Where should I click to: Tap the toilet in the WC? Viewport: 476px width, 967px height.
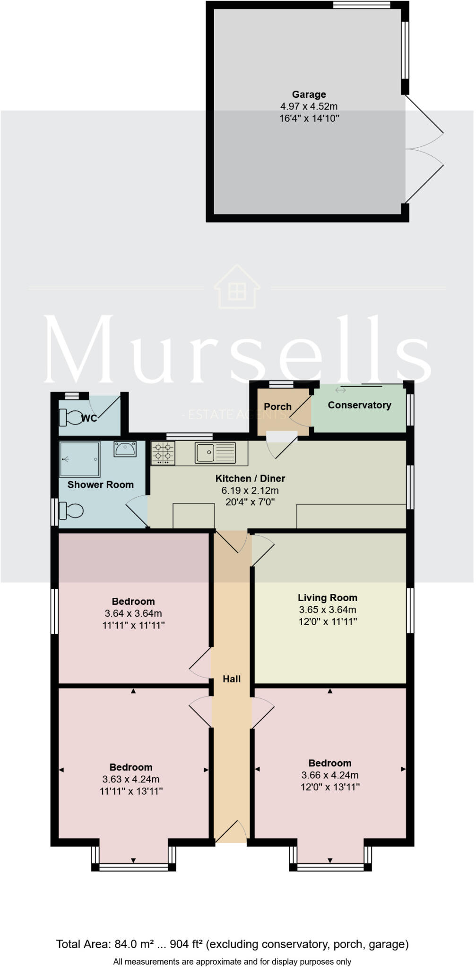point(70,417)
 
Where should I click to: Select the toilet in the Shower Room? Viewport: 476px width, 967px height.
point(71,511)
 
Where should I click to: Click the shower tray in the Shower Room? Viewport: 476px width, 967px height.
point(80,459)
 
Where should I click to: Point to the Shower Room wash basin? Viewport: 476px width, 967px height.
point(125,449)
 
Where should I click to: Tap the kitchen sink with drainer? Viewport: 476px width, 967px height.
point(216,453)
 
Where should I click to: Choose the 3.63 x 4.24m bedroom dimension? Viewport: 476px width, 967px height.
point(132,779)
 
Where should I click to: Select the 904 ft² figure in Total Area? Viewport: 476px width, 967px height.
point(187,944)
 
